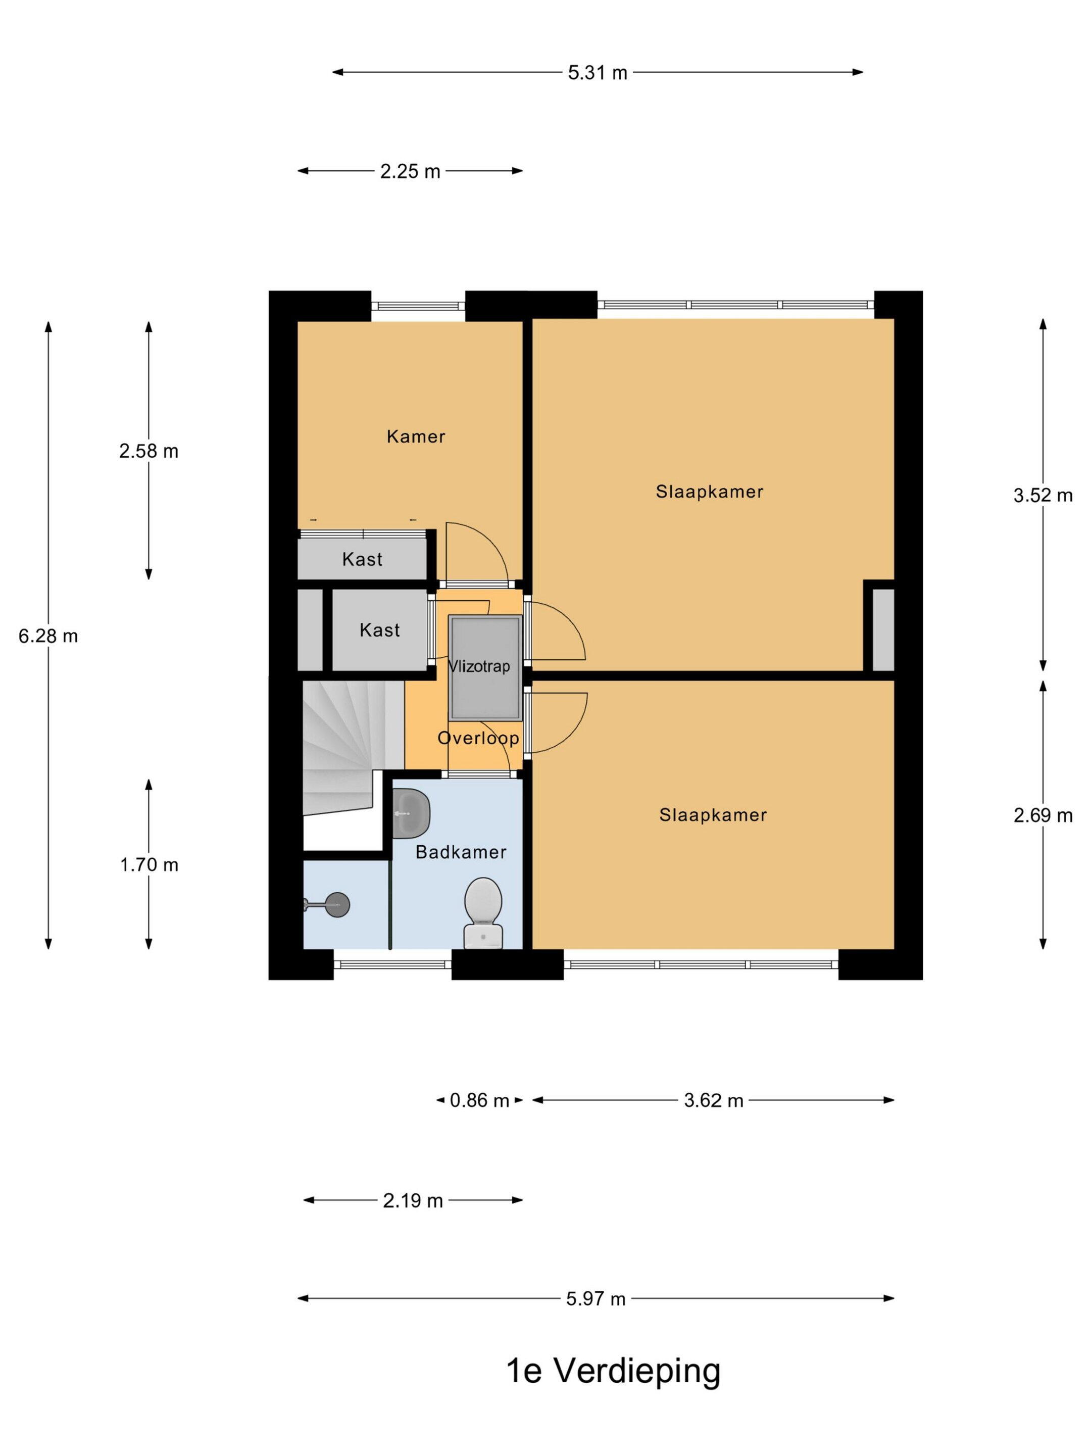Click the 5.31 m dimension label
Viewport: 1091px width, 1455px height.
tap(597, 72)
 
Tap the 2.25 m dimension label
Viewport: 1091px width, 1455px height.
tap(410, 171)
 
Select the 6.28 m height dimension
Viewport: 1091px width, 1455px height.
tap(48, 636)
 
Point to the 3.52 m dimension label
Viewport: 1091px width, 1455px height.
tap(1043, 495)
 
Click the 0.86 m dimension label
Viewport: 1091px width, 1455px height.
tap(479, 1100)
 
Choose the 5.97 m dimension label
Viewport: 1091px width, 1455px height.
tap(596, 1298)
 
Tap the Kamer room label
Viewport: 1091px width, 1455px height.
tap(416, 436)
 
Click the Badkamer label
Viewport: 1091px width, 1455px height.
tap(461, 852)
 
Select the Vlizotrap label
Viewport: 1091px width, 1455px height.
tap(479, 666)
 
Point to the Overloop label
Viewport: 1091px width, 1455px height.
tap(479, 738)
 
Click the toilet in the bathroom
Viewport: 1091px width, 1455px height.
tap(483, 913)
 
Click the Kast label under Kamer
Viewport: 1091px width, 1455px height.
tap(362, 559)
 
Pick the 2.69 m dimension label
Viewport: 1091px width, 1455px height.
tap(1043, 815)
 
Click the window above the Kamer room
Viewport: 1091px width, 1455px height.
tap(418, 305)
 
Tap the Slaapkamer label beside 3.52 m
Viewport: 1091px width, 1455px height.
tap(710, 492)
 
